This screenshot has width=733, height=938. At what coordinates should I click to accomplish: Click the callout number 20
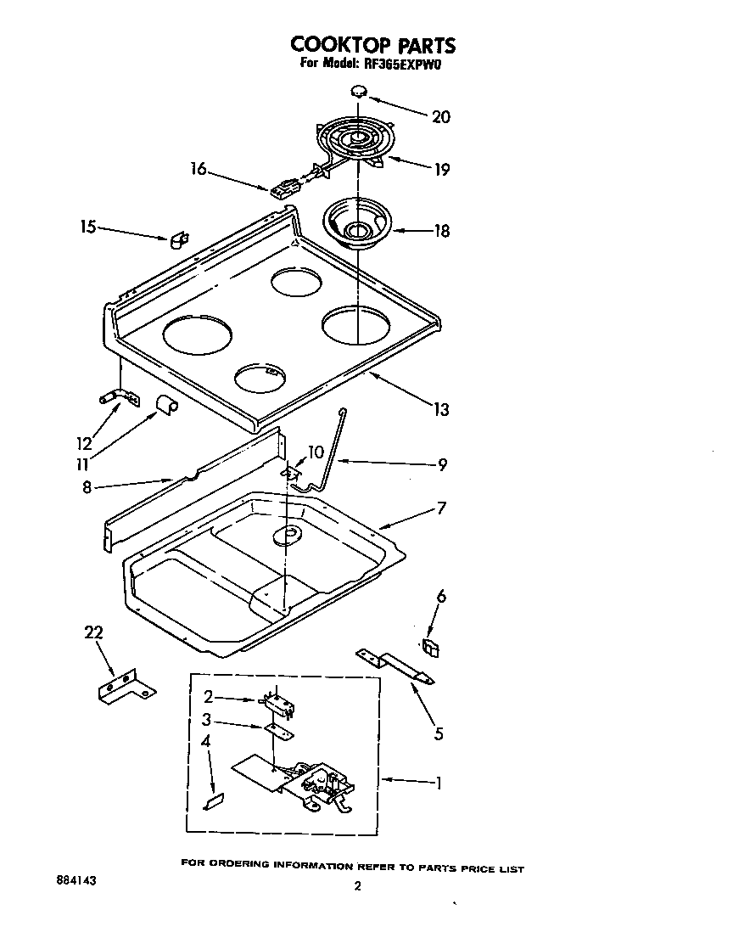441,117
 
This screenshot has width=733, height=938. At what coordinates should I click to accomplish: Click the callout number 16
197,169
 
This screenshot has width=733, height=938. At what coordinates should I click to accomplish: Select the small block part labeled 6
432,649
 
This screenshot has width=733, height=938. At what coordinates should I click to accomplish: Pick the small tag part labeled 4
214,800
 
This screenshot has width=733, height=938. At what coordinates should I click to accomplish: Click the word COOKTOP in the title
330,45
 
